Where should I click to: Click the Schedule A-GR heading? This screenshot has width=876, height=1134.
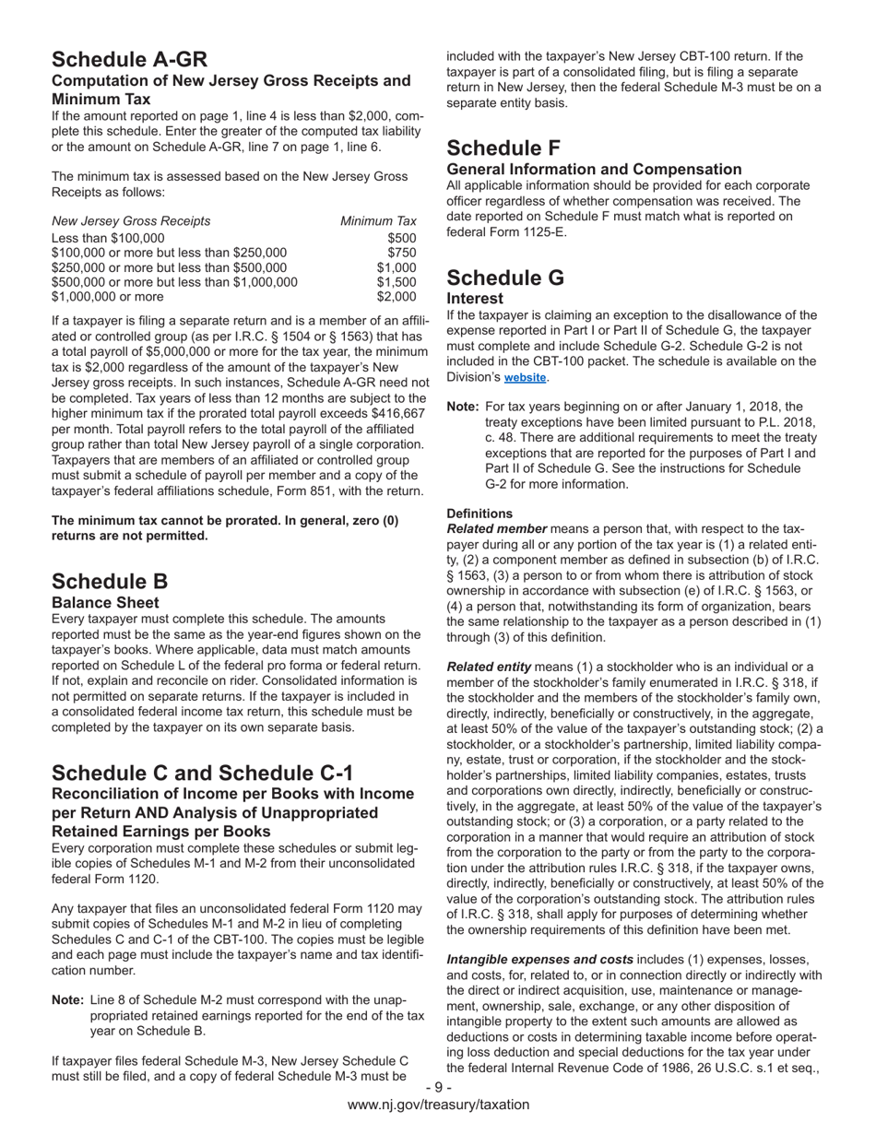click(x=129, y=60)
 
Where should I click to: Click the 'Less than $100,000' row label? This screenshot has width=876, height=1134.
click(x=108, y=238)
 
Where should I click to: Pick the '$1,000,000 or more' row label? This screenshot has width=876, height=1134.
click(x=108, y=297)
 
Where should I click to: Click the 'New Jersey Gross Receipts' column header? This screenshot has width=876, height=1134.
click(x=131, y=221)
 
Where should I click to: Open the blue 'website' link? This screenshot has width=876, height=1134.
click(x=525, y=378)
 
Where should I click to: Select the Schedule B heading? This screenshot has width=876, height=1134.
click(x=110, y=582)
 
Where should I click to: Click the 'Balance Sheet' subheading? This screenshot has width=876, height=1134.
click(x=105, y=602)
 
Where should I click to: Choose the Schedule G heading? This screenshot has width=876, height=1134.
click(x=506, y=278)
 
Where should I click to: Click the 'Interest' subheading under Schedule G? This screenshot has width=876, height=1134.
click(x=475, y=299)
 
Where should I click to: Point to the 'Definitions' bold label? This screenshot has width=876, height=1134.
click(x=479, y=514)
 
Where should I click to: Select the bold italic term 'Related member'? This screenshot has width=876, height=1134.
click(x=496, y=529)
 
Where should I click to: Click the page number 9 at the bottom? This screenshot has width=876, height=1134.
click(x=438, y=1088)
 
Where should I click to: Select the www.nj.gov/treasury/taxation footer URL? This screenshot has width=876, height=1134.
click(x=438, y=1104)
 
